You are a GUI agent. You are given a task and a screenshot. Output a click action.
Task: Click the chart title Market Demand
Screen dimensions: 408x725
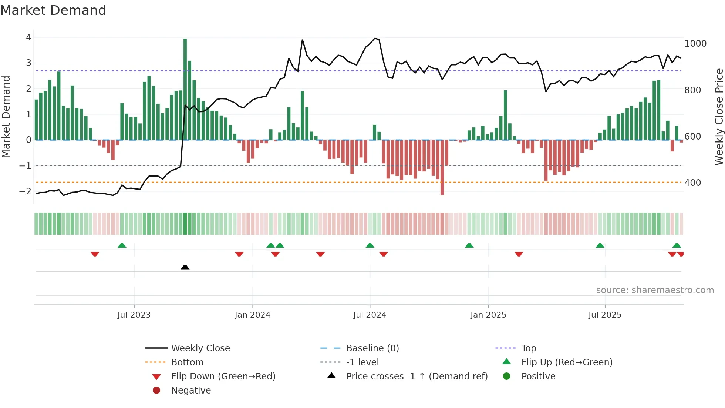[53, 10]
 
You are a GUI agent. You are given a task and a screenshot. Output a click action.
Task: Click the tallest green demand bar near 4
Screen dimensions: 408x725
[185, 89]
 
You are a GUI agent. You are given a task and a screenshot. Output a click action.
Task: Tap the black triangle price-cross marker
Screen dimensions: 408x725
[185, 267]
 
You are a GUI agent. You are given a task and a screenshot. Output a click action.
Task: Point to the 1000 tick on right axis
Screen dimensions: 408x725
[695, 44]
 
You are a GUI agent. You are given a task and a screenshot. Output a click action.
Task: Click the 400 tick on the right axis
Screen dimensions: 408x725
[692, 183]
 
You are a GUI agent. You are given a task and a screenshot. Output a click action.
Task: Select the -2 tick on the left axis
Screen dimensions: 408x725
[25, 191]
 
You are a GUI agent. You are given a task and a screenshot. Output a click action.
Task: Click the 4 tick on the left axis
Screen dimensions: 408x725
[28, 37]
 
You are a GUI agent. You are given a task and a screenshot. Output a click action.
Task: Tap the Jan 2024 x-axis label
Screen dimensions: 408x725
[252, 315]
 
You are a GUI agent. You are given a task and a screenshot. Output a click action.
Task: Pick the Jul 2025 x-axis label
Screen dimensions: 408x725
[605, 315]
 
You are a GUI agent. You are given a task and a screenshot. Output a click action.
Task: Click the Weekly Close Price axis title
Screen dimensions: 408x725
[719, 117]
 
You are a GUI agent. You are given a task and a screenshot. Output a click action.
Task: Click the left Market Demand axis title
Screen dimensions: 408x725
[6, 117]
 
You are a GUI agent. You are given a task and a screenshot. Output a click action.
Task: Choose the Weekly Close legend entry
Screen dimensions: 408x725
[200, 348]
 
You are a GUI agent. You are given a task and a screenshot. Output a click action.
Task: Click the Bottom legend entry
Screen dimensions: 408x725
[187, 362]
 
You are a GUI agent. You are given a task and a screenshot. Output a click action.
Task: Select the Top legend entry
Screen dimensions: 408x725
[528, 348]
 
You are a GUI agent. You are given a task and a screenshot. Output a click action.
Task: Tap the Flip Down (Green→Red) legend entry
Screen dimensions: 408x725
[223, 377]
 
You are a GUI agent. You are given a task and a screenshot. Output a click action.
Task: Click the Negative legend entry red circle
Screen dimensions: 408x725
[156, 391]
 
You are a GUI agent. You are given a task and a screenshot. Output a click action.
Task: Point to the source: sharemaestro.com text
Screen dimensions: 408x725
[655, 290]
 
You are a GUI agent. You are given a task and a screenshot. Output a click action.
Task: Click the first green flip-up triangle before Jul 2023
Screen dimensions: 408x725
[122, 245]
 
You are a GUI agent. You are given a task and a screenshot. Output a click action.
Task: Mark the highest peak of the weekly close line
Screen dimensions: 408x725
[375, 38]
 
